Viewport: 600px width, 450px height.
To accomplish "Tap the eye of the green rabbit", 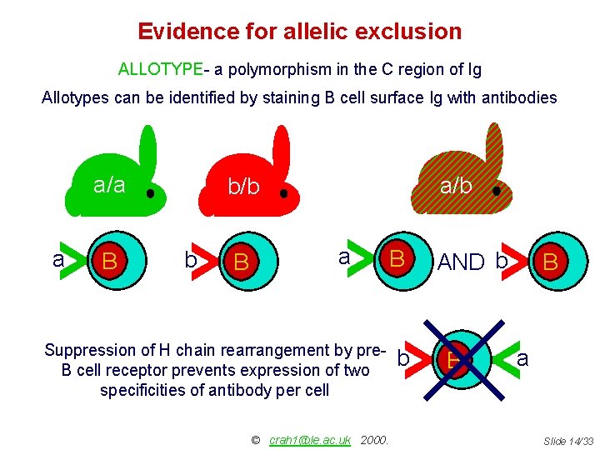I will coord(150,193).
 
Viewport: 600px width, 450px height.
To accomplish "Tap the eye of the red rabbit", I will coord(283,193).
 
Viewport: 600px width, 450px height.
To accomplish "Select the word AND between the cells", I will coord(461,262).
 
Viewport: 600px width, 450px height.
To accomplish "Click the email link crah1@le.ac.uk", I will coord(310,439).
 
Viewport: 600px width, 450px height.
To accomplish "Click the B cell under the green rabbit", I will coord(110,262).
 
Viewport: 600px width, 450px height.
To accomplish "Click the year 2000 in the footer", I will coord(375,439).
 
